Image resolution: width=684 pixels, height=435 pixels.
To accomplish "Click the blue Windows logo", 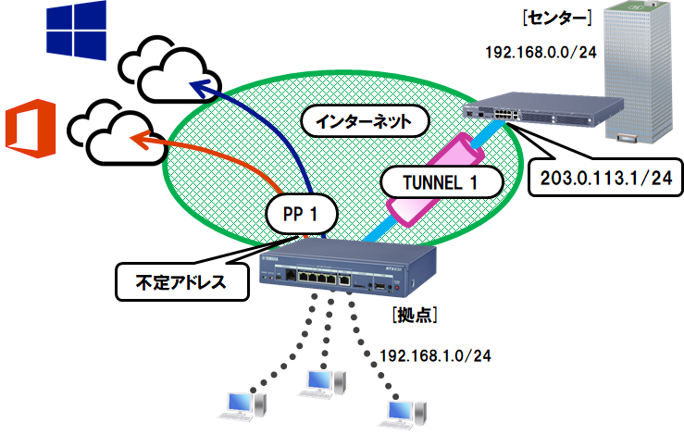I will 77,30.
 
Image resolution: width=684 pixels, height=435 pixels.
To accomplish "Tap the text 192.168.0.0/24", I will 541,52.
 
